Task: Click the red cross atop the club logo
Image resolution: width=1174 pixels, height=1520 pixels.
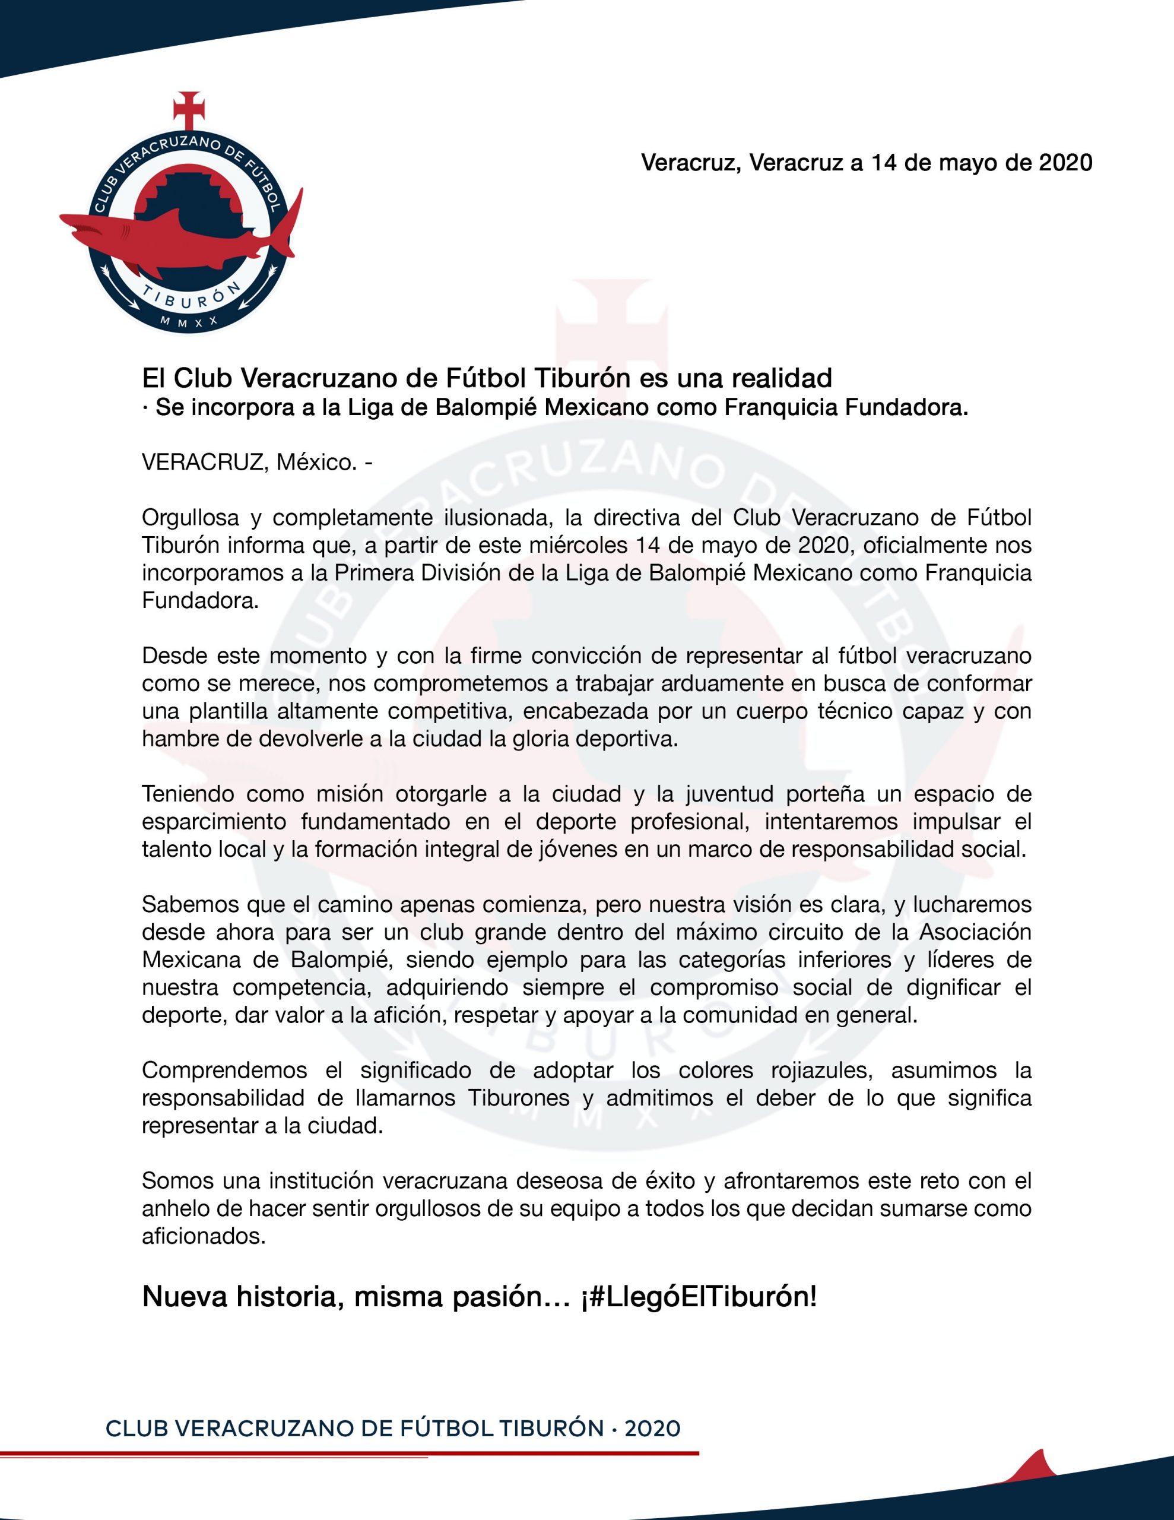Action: pyautogui.click(x=189, y=108)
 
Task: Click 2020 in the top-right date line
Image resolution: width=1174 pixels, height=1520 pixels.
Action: pyautogui.click(x=1065, y=162)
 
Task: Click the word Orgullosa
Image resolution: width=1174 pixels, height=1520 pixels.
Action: pyautogui.click(x=191, y=518)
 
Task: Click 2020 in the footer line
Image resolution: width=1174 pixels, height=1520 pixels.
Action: pyautogui.click(x=652, y=1429)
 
